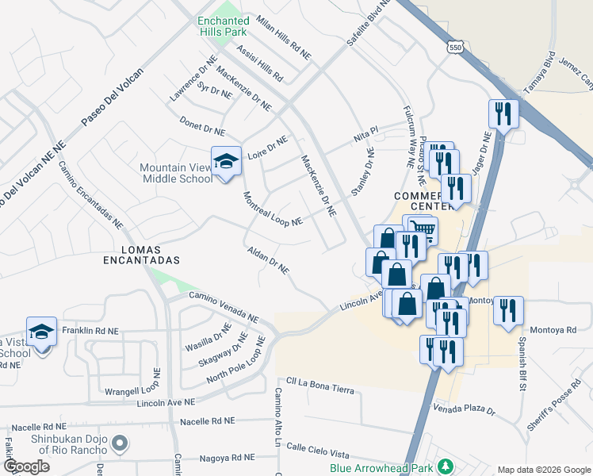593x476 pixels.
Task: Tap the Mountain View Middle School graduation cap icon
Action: [x=226, y=161]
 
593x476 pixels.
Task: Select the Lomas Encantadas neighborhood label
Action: [x=141, y=253]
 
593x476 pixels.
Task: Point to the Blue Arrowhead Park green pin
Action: [x=446, y=464]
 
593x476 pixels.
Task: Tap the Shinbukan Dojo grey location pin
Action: [x=119, y=443]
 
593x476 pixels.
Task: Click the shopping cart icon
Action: [x=424, y=231]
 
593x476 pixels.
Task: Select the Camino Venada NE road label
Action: [x=223, y=307]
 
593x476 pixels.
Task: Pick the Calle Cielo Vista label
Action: [x=318, y=451]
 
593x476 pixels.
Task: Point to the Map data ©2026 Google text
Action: [x=542, y=470]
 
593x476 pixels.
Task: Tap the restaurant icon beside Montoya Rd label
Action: [x=508, y=310]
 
